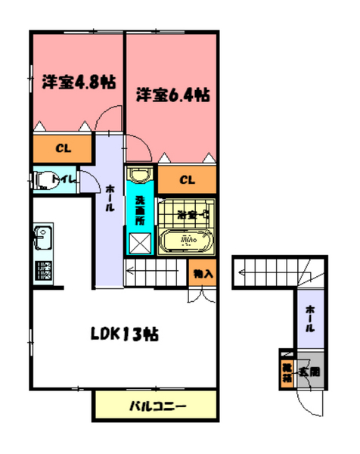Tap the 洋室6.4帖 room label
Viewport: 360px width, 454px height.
[x=172, y=96]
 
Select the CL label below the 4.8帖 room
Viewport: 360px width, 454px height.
[x=62, y=148]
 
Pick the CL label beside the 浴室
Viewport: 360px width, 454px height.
[x=187, y=179]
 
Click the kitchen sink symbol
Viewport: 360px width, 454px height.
[x=41, y=241]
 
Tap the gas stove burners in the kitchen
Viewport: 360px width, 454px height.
[x=42, y=271]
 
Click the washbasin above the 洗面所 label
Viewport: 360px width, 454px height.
[x=140, y=176]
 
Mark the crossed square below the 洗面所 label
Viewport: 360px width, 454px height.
[x=141, y=242]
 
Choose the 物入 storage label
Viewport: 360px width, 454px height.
[x=201, y=273]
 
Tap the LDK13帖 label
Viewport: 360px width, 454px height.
[x=126, y=333]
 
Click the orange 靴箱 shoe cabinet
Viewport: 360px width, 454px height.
[x=287, y=370]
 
